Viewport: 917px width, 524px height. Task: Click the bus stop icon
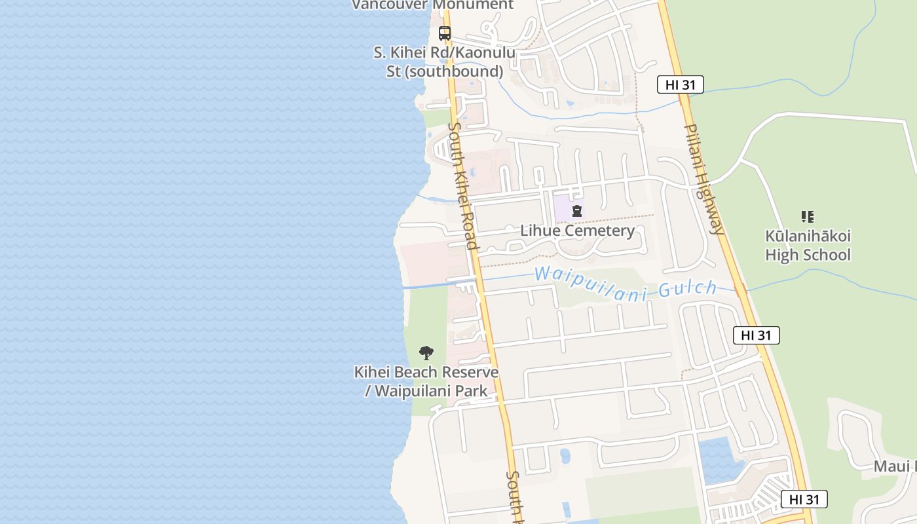pyautogui.click(x=445, y=33)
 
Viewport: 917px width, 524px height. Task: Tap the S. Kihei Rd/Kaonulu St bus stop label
pyautogui.click(x=445, y=62)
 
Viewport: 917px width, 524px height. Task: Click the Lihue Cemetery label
pyautogui.click(x=577, y=231)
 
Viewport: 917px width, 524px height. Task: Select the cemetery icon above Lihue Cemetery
pyautogui.click(x=577, y=211)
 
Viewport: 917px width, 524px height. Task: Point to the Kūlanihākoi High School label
pyautogui.click(x=808, y=245)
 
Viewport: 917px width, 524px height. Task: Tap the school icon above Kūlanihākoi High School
pyautogui.click(x=808, y=216)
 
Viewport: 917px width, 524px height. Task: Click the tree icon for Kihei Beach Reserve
pyautogui.click(x=426, y=353)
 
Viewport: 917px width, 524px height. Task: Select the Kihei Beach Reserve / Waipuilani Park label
pyautogui.click(x=426, y=381)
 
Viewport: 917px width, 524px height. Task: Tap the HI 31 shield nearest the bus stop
pyautogui.click(x=681, y=84)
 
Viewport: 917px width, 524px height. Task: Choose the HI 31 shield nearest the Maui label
pyautogui.click(x=804, y=499)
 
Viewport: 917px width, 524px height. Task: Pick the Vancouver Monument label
pyautogui.click(x=432, y=5)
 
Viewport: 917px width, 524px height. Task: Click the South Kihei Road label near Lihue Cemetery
pyautogui.click(x=462, y=185)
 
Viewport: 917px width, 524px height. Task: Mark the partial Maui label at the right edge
pyautogui.click(x=894, y=466)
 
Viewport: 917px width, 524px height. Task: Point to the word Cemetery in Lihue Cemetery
pyautogui.click(x=601, y=231)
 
